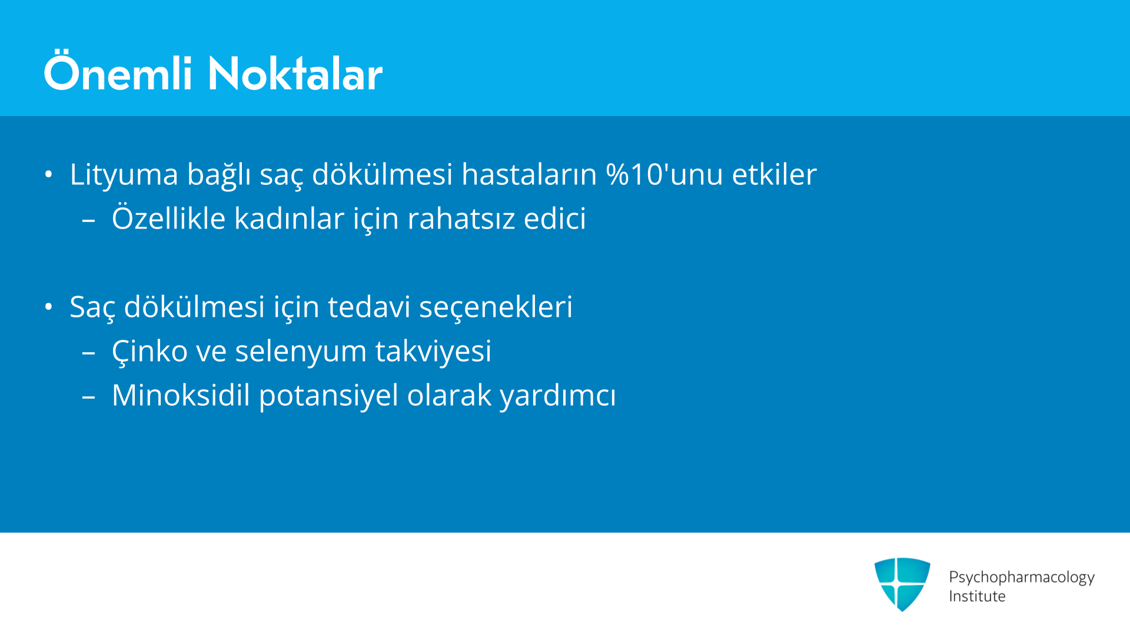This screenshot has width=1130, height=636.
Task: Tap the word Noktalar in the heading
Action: tap(295, 74)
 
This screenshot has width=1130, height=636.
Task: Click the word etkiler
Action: tap(775, 174)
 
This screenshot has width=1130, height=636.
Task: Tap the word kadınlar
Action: tap(290, 218)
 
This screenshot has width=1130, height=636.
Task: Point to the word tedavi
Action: tap(369, 307)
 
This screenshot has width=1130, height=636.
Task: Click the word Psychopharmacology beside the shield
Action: tap(1022, 578)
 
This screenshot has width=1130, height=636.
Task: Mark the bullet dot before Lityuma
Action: tap(49, 174)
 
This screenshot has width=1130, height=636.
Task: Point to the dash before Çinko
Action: tap(89, 353)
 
